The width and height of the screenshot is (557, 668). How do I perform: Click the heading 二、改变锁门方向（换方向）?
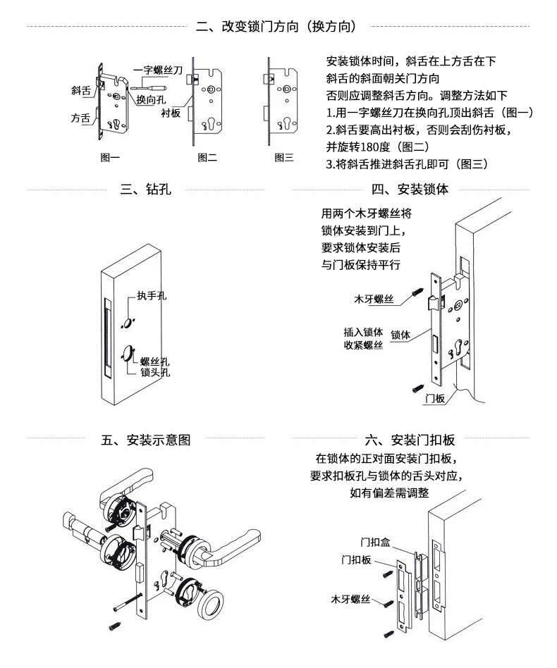pos(276,26)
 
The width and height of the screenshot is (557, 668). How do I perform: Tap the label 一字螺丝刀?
pos(158,70)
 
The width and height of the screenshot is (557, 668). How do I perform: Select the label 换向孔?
pos(151,99)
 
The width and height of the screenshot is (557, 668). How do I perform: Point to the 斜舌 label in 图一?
pos(81,90)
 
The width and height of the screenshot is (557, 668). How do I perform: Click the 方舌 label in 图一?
pos(81,118)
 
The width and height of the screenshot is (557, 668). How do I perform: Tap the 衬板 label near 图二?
pos(171,113)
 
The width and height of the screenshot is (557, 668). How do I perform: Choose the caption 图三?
pos(284,158)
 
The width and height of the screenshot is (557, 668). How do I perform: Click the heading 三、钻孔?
pos(146,189)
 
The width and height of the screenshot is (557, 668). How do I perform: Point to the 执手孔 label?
pos(152,295)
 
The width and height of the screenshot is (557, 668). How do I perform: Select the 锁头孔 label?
pos(155,372)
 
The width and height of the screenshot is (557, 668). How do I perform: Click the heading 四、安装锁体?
pos(410,189)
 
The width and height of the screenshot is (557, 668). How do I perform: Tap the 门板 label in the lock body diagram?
pos(435,398)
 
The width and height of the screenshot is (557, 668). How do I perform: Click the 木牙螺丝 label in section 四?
pos(374,299)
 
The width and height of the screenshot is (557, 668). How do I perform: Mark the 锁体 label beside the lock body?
pos(400,335)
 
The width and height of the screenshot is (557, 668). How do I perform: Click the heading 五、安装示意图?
pos(146,440)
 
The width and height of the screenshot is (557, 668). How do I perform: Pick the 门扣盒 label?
pos(375,543)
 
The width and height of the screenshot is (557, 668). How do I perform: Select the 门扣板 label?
pos(356,559)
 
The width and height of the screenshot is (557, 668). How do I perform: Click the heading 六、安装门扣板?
pos(410,440)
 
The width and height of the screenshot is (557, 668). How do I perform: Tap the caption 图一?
pos(110,158)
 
